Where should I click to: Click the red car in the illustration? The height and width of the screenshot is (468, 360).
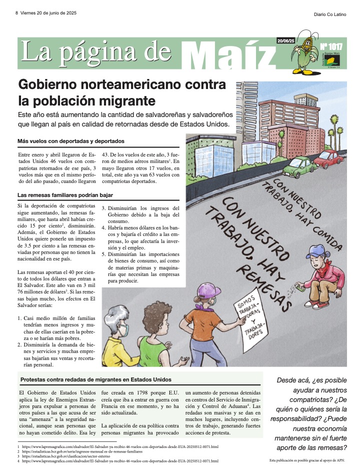coord(329,159)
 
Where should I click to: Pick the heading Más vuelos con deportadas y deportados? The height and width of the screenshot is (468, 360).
coord(70,141)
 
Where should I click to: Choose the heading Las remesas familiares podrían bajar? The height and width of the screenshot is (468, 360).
coord(65,195)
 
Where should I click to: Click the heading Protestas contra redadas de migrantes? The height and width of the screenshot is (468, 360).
coord(96,379)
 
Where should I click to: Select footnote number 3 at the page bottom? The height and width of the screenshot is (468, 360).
coord(18,456)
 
